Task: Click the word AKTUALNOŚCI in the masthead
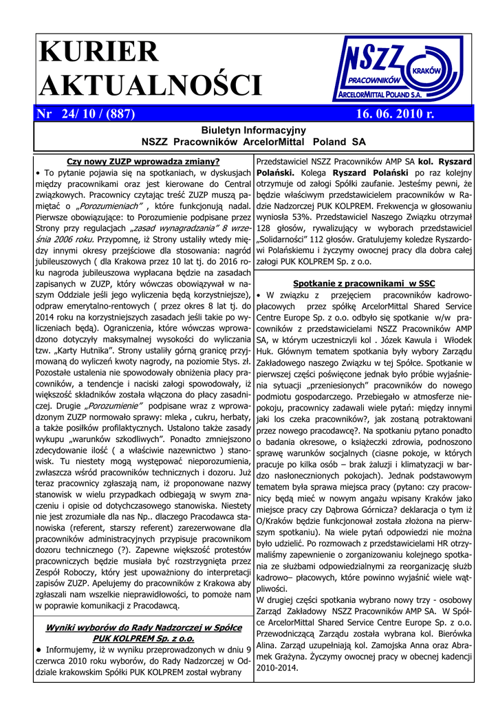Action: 151,85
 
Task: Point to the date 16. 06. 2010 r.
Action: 395,113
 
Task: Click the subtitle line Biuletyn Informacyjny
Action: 253,129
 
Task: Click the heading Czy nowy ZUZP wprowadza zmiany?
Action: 143,162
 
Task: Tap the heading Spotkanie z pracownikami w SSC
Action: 364,283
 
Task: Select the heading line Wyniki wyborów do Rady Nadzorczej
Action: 143,627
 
